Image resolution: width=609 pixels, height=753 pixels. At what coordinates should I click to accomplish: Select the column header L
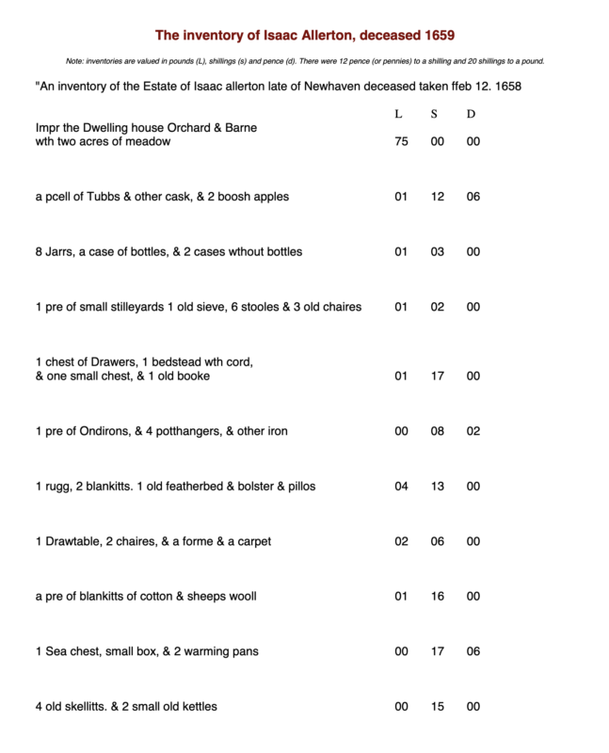[399, 114]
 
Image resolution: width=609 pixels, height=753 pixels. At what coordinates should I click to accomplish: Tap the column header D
[472, 114]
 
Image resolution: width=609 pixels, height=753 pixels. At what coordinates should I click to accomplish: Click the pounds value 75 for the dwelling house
[401, 142]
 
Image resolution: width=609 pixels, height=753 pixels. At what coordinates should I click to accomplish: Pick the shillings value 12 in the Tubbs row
[436, 198]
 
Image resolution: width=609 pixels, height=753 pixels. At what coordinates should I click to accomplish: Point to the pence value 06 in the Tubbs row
[473, 198]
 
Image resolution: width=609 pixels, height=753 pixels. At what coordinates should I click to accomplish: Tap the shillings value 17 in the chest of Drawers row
[436, 376]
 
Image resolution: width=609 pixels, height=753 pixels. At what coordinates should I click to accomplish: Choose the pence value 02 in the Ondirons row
[473, 431]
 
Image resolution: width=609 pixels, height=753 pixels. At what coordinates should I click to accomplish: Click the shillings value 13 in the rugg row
[436, 487]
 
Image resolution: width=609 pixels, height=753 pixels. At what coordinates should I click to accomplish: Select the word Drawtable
[74, 541]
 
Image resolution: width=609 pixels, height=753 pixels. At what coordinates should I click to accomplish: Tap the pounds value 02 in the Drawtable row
[401, 541]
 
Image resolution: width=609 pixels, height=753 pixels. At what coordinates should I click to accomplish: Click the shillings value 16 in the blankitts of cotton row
[436, 596]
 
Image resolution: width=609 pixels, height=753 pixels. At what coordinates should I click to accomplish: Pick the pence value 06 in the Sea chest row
[473, 651]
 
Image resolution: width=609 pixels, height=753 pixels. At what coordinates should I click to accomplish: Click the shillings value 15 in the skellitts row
[436, 706]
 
